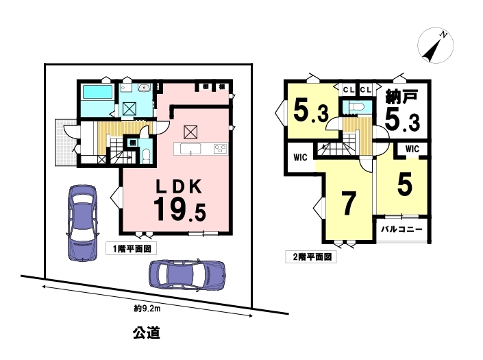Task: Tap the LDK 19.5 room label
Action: pos(179,200)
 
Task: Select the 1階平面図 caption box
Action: pos(131,248)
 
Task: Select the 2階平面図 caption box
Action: pos(311,256)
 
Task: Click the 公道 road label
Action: pos(147,333)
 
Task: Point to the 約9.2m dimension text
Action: pos(147,309)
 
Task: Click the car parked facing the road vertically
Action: pos(82,223)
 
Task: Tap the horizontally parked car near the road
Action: pos(187,275)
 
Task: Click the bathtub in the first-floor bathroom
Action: pos(97,92)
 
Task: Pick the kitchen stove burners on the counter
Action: pos(221,149)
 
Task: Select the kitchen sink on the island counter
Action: pos(190,149)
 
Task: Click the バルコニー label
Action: pos(401,230)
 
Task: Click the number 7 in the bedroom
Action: pos(349,204)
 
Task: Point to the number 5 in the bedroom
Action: pos(404,185)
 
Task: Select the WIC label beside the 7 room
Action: pos(300,158)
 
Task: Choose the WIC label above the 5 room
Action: pos(412,149)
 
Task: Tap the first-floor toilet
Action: pos(146,156)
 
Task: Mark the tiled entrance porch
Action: pos(66,143)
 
